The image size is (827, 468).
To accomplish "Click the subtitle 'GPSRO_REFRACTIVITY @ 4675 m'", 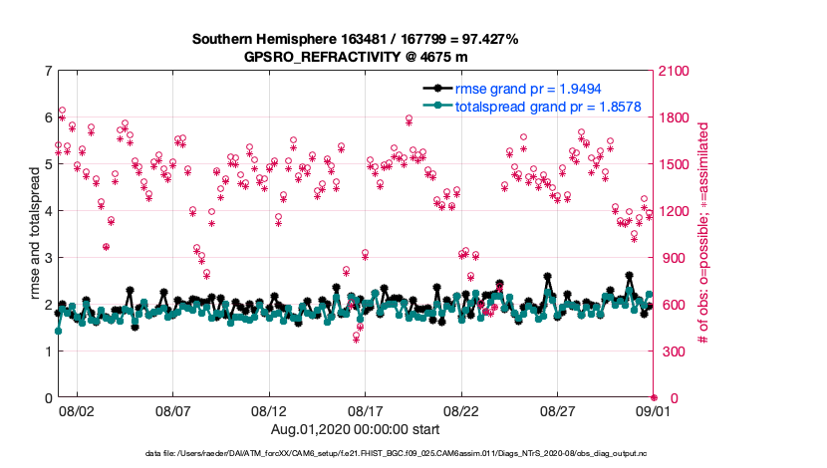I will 355,58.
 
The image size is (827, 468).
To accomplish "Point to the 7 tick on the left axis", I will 48,72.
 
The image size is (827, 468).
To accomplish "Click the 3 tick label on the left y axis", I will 48,258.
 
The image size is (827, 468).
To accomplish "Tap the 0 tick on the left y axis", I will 48,398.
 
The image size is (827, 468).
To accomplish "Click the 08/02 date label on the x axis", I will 77,410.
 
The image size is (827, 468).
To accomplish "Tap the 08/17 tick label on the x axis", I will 366,410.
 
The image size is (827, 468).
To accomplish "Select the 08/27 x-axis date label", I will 558,410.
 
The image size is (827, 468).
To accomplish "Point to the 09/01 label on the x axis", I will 654,410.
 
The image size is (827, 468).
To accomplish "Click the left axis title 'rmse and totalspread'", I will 36,235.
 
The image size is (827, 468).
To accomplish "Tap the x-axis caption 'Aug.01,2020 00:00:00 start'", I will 355,428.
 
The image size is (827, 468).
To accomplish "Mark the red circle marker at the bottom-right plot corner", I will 654,398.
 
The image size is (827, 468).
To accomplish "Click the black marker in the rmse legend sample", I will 437,88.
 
